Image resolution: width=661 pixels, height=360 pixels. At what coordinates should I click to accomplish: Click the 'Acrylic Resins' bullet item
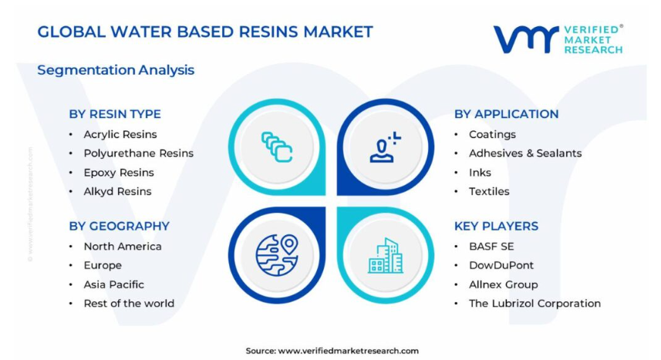tap(120, 134)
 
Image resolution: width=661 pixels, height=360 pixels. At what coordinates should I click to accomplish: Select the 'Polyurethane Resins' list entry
tap(139, 153)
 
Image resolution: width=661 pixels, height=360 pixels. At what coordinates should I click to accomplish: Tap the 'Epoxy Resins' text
tap(119, 173)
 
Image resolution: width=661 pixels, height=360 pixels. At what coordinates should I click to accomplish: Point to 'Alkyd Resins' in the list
tap(117, 191)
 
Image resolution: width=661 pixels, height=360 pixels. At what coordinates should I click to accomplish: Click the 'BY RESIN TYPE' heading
tap(115, 114)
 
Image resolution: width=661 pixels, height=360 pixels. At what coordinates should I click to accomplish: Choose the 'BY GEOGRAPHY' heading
tap(120, 227)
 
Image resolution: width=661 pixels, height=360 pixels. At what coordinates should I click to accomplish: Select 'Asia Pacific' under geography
tap(114, 284)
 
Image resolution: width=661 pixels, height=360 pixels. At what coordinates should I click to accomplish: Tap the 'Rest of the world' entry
tap(129, 304)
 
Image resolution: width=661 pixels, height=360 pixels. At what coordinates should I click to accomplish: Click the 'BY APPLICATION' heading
tap(506, 114)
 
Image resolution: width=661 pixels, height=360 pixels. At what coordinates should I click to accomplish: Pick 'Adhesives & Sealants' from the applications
tap(525, 153)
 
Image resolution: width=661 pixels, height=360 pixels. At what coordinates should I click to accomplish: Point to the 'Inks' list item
tap(481, 173)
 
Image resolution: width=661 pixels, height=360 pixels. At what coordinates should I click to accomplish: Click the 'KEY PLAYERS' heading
tap(496, 227)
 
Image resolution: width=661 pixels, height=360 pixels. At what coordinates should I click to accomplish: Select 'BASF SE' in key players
tap(491, 247)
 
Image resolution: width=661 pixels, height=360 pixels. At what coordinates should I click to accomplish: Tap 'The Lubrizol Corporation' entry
tap(535, 304)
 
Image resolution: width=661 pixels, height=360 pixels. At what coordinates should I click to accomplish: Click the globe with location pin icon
tap(277, 255)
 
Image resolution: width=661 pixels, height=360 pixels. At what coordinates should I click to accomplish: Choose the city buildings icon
tap(386, 255)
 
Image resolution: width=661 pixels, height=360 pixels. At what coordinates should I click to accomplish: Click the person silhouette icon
tap(386, 147)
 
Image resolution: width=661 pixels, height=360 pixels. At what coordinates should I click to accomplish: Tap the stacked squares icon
tap(277, 146)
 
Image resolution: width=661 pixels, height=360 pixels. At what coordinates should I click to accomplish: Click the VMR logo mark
tap(526, 39)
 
